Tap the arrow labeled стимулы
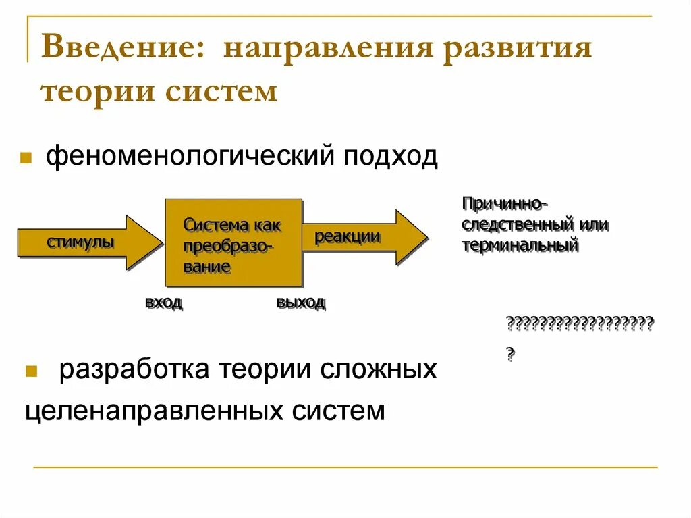[84, 242]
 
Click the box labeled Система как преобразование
[233, 242]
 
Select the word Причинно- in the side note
[504, 203]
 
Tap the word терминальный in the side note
[520, 244]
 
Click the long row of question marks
[580, 323]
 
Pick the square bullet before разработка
[31, 372]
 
